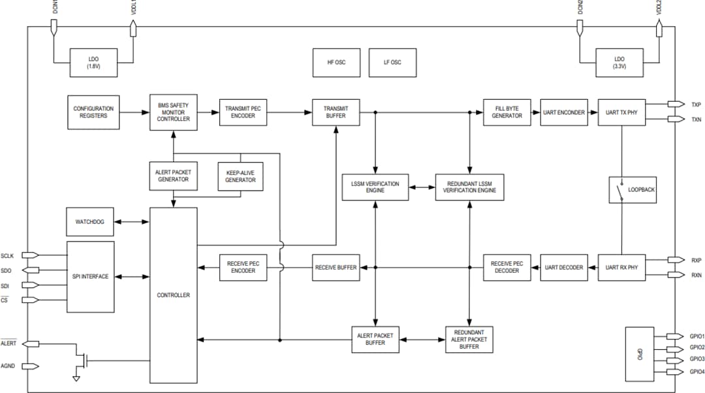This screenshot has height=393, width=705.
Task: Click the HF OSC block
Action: pos(336,63)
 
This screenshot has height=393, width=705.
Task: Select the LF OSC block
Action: pos(392,63)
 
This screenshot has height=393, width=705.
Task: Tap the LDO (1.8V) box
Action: pos(94,63)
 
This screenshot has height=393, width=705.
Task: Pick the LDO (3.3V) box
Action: pos(619,63)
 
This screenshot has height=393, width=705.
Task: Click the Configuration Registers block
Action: pos(93,112)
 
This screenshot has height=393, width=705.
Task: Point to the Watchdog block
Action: pos(89,222)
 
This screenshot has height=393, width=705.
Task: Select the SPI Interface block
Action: pos(91,276)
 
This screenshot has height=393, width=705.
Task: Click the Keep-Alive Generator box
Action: pos(240,176)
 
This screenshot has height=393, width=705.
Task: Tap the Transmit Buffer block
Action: pos(336,112)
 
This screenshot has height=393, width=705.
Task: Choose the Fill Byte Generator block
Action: pos(507,112)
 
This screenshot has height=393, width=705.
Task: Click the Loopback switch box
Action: pos(632,190)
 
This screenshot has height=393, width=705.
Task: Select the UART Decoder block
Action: pos(564,267)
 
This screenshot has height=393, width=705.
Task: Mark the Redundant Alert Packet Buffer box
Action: pos(469,339)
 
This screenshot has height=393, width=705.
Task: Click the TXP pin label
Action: pos(696,104)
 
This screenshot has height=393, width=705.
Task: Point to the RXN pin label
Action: pos(696,275)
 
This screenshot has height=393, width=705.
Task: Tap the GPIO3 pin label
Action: pos(697,359)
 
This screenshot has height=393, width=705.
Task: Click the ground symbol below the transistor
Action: pos(76,378)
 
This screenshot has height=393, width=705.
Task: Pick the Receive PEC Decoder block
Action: pos(507,267)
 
